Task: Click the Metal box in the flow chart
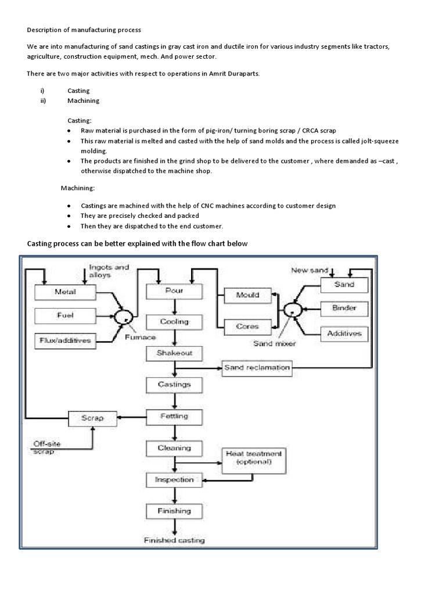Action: (65, 292)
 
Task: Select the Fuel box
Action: (65, 316)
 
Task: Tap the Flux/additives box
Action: (65, 340)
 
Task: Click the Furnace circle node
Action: (123, 317)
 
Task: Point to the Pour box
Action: (174, 291)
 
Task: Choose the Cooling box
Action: (174, 322)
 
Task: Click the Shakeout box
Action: (174, 353)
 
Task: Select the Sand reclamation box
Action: (257, 368)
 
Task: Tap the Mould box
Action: (247, 295)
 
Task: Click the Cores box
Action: (247, 326)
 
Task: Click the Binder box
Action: (344, 308)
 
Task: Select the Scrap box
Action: (93, 418)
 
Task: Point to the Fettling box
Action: (174, 417)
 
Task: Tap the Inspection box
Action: (174, 480)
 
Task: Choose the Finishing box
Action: (174, 511)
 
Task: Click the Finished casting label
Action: (174, 540)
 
